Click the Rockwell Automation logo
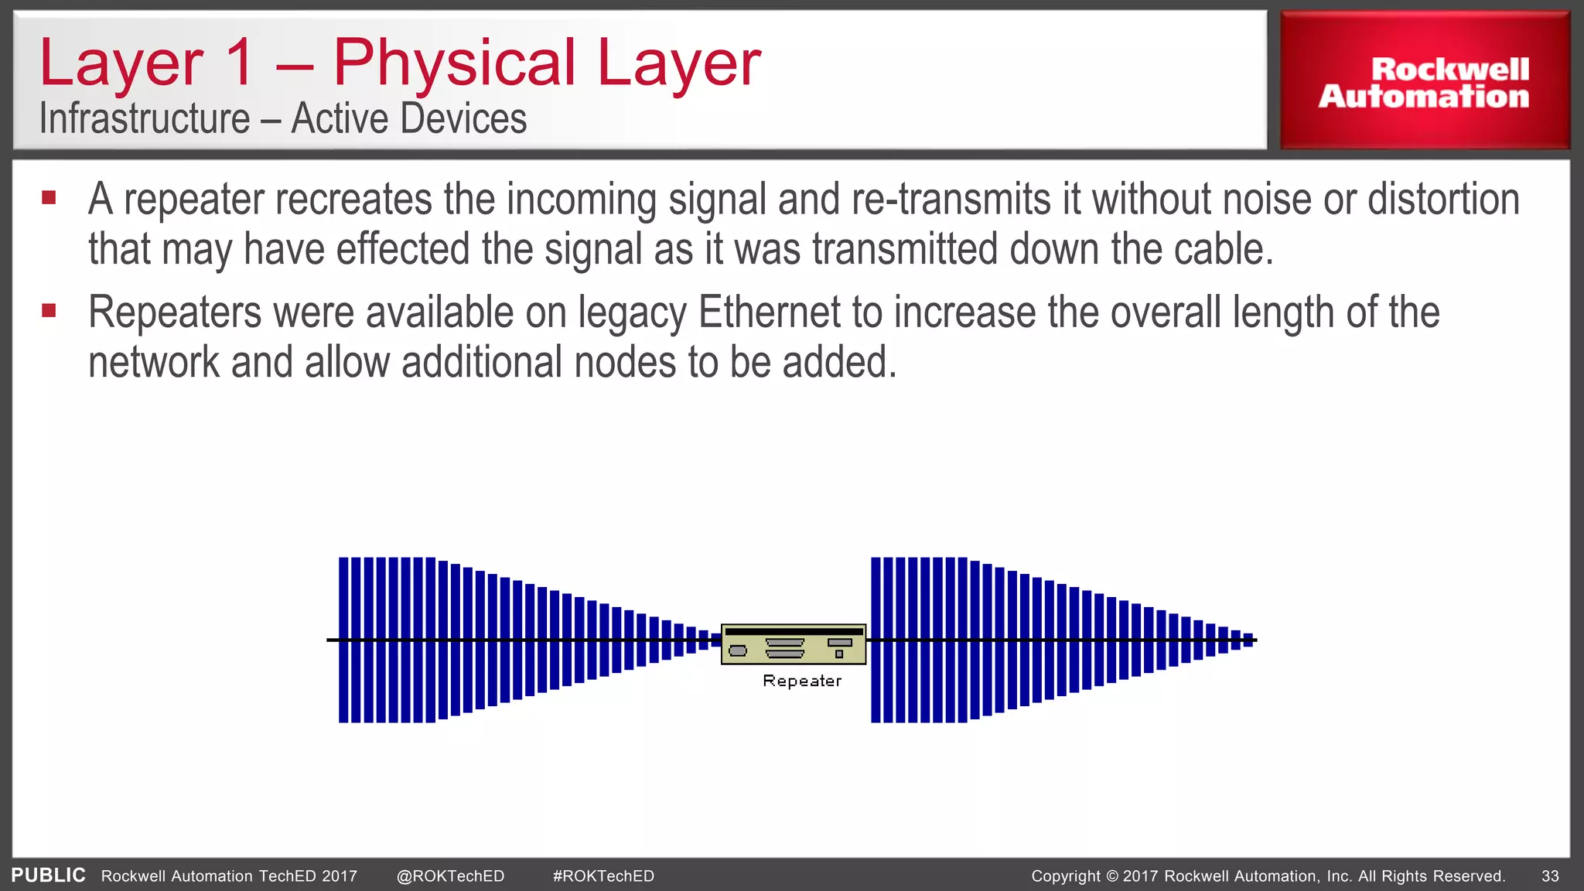[x=1424, y=83]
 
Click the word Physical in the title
[x=454, y=63]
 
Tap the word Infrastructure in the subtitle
[x=145, y=119]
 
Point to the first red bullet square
[x=49, y=198]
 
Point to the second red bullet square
[x=49, y=311]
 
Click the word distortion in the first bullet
[x=1443, y=200]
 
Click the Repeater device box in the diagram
[x=793, y=644]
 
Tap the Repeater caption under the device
[x=801, y=681]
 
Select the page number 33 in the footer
[x=1550, y=876]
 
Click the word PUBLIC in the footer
[x=48, y=876]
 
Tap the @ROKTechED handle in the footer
[x=450, y=876]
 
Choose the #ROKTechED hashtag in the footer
[x=603, y=876]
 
